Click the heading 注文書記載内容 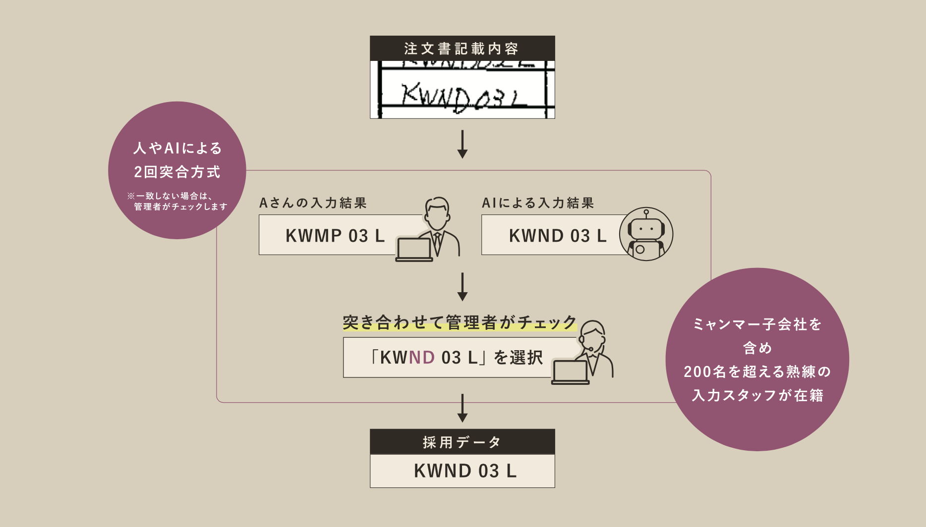[462, 49]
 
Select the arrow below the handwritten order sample [463, 144]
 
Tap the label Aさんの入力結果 [313, 203]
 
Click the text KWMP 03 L [335, 236]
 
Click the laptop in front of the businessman [414, 250]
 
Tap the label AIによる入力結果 [538, 203]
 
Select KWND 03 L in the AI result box [558, 236]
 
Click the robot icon [646, 234]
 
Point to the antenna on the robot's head [646, 213]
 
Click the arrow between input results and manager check [463, 286]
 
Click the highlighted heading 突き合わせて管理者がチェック [460, 322]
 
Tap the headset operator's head [593, 335]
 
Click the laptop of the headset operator [571, 372]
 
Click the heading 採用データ [462, 442]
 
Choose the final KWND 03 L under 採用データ [465, 471]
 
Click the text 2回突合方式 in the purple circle [177, 172]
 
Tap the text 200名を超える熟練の [757, 371]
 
